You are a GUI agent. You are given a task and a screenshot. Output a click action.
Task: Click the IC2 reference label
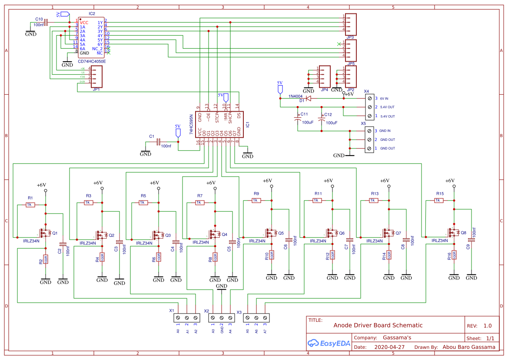(91, 14)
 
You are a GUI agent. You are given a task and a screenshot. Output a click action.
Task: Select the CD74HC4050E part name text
(92, 61)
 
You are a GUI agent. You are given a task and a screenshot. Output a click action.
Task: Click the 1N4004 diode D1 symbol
(308, 98)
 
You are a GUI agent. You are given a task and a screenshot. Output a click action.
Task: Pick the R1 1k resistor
(30, 205)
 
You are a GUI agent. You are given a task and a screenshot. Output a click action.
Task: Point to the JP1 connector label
(96, 89)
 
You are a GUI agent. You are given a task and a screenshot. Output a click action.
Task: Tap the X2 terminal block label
(207, 311)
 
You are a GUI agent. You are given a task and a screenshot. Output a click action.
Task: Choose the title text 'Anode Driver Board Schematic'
(378, 325)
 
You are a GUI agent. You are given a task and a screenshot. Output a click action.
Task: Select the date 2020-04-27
(389, 347)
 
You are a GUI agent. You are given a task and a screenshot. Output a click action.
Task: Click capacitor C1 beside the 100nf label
(158, 142)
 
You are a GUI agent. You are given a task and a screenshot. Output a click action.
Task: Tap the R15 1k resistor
(438, 200)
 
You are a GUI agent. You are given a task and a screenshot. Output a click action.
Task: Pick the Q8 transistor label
(463, 233)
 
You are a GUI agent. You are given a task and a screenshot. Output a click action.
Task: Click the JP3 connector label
(350, 38)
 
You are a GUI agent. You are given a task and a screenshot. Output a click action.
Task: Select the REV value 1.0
(488, 326)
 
